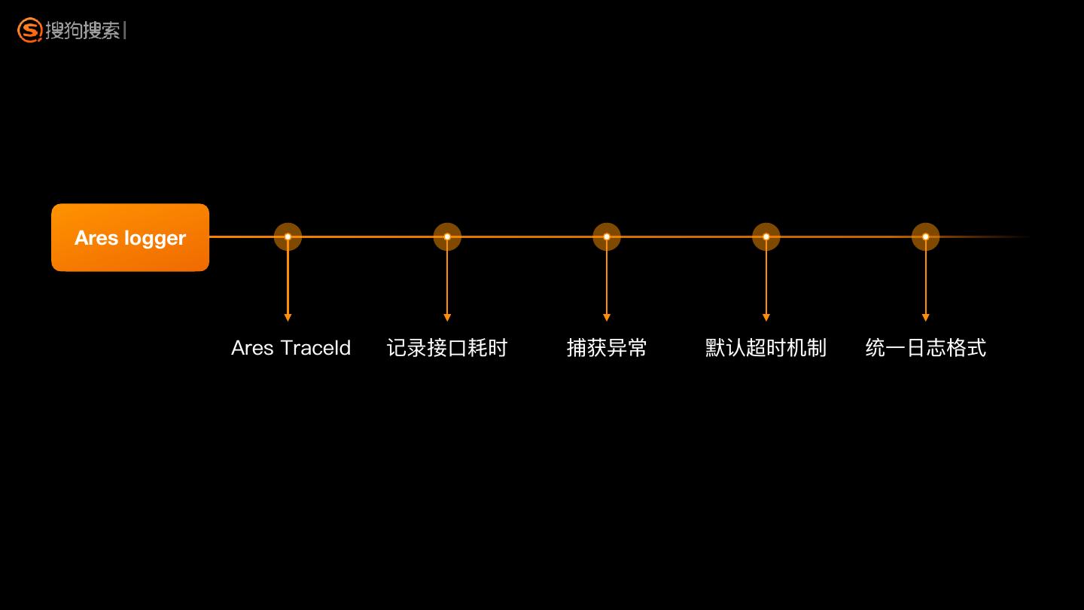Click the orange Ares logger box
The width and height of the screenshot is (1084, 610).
point(130,237)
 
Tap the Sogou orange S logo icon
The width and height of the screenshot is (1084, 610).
point(29,30)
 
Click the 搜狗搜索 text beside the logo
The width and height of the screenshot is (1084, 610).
point(83,31)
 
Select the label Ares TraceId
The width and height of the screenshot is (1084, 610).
point(291,348)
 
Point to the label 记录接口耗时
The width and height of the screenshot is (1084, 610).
point(447,348)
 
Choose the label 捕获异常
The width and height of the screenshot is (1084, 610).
point(607,348)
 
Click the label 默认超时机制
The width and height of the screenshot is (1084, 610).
point(766,348)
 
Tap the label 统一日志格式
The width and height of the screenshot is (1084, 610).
point(925,348)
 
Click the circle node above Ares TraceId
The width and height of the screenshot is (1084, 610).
point(288,236)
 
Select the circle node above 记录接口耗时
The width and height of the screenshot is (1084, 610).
point(447,236)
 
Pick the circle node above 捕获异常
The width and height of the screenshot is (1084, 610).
point(607,236)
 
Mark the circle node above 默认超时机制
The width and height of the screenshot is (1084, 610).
point(766,236)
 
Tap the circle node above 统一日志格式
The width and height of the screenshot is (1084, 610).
point(926,236)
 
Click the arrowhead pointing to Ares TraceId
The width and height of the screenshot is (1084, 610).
point(288,317)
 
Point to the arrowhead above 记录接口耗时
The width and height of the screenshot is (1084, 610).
point(447,317)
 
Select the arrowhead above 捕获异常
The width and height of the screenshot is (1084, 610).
point(607,317)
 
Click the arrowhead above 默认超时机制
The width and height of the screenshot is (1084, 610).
point(766,317)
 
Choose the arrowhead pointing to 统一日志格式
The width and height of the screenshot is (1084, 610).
point(926,317)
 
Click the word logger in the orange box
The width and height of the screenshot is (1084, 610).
point(155,239)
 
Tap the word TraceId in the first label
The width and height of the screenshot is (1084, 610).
point(315,348)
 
